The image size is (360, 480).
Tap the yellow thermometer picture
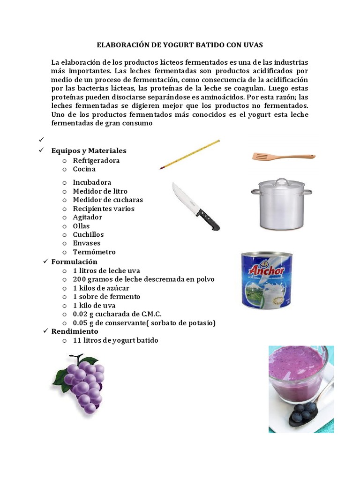tap(190, 154)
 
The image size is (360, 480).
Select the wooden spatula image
tap(283, 157)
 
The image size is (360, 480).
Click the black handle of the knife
tap(208, 220)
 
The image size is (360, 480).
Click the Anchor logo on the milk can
tap(266, 271)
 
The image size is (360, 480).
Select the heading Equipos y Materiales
tap(89, 151)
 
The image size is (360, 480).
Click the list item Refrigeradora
tap(96, 160)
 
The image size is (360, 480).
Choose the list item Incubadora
tap(92, 182)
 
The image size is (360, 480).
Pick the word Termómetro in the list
tap(94, 252)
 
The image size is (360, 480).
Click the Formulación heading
tap(74, 262)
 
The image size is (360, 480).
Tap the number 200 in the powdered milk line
tap(79, 279)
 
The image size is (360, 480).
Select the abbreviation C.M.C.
tap(151, 314)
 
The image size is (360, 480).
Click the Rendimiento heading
tap(75, 331)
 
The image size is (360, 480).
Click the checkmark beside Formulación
tap(45, 261)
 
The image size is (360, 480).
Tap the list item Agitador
tap(87, 217)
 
